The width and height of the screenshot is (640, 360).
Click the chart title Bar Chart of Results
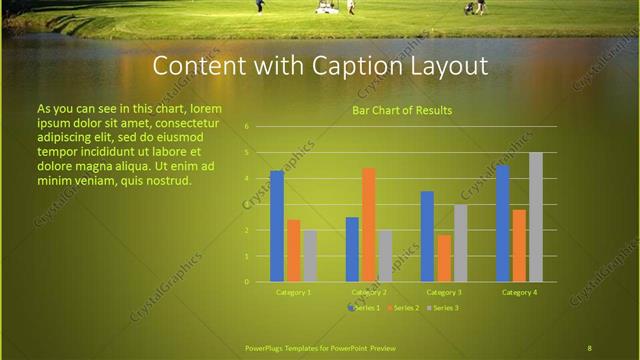(x=402, y=110)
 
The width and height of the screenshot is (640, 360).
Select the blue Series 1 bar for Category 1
(x=277, y=226)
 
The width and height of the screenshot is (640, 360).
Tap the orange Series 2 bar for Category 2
(x=368, y=225)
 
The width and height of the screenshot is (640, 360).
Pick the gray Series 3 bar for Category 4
(x=535, y=217)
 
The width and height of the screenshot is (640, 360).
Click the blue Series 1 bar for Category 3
(x=427, y=236)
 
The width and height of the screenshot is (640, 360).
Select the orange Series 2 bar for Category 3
(x=443, y=258)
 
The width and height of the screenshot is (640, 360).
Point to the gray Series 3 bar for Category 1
(x=310, y=256)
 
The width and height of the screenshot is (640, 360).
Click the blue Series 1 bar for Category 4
(x=502, y=223)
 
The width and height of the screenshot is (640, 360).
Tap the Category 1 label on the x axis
(x=293, y=292)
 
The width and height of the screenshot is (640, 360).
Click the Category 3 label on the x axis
(x=444, y=292)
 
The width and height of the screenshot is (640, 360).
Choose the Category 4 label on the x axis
(x=519, y=292)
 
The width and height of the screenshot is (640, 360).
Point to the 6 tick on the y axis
(x=246, y=127)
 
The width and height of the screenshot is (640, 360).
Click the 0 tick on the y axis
(x=246, y=282)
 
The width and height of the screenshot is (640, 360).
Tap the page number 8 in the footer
(x=589, y=347)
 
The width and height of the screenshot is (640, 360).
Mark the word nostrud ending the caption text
(x=166, y=180)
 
